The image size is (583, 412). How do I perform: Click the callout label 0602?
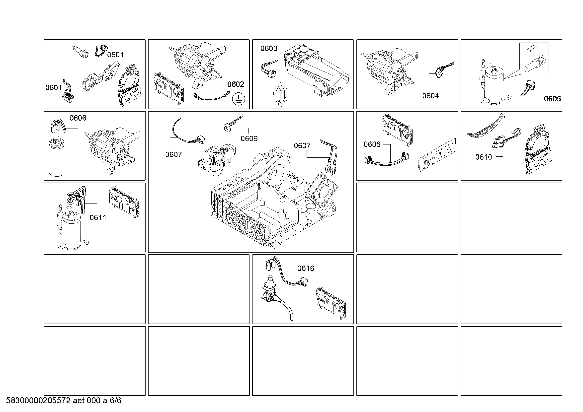click(x=236, y=84)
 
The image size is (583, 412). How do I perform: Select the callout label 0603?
click(x=269, y=48)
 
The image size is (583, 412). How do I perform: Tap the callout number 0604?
click(x=430, y=96)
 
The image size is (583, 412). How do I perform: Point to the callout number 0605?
click(x=553, y=99)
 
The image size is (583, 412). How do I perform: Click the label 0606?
click(x=78, y=118)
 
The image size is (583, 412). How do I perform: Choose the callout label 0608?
click(x=372, y=144)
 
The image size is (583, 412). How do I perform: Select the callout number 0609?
click(x=249, y=138)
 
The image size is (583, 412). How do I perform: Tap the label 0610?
click(x=484, y=157)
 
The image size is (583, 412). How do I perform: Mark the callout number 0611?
click(x=98, y=217)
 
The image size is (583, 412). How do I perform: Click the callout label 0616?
click(x=306, y=268)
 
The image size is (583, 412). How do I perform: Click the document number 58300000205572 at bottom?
click(x=38, y=401)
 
